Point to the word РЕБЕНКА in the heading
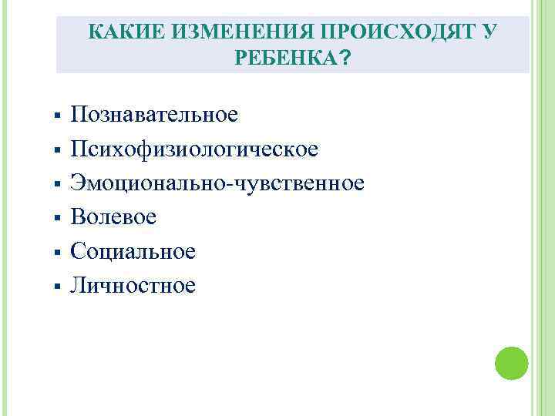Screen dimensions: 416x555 point(283,59)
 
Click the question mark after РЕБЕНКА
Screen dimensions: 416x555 point(343,59)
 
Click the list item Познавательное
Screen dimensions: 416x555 point(154,116)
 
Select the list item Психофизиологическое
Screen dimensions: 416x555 point(194,149)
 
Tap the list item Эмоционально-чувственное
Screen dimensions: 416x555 point(217,183)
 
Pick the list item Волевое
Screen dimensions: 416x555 point(113,217)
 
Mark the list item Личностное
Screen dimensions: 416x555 point(133,286)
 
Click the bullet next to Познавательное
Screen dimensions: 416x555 point(59,117)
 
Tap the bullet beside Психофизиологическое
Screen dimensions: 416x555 point(59,151)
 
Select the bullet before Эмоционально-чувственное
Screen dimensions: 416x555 point(59,185)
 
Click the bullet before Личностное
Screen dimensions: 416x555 point(59,287)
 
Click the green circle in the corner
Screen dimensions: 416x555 point(510,363)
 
